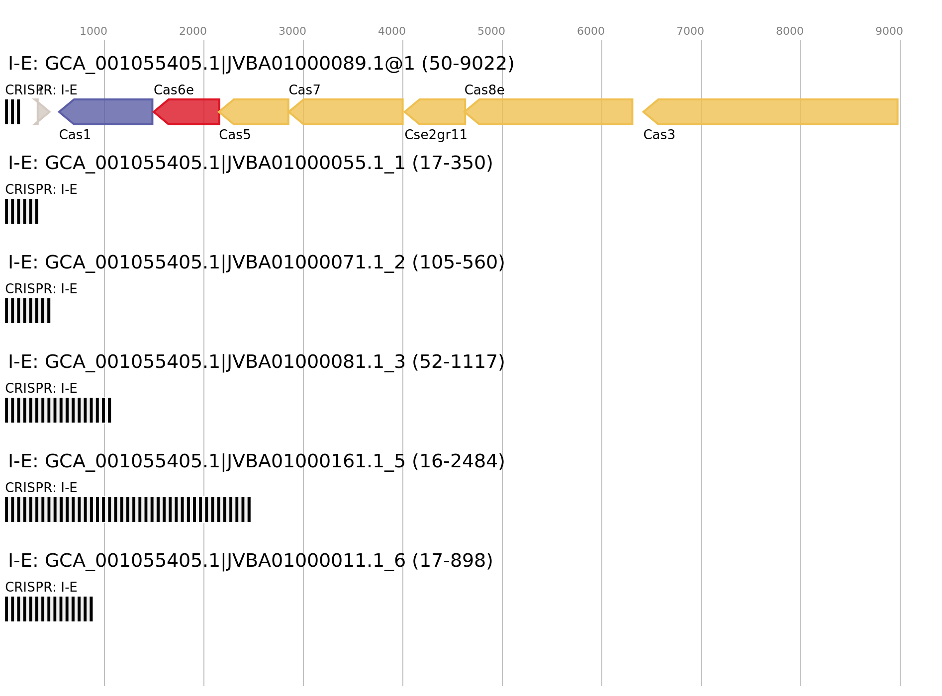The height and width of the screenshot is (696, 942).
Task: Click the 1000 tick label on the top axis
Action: (93, 31)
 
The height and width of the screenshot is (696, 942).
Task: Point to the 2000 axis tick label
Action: (192, 31)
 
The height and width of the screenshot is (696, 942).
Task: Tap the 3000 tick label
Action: (292, 31)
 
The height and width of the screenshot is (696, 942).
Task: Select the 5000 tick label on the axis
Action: (491, 31)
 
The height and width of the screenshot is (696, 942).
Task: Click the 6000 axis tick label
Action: (590, 31)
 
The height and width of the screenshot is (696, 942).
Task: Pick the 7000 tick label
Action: (690, 31)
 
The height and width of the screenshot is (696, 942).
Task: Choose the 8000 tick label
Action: (789, 31)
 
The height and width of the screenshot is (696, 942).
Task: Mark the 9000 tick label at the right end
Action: (889, 31)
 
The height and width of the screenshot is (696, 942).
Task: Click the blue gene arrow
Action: (109, 112)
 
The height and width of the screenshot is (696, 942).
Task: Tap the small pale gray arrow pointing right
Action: (42, 112)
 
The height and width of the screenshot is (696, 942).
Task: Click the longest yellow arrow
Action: (776, 112)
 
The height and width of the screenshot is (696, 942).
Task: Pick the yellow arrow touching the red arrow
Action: (256, 112)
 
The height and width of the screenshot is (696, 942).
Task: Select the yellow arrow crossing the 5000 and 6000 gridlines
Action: (552, 112)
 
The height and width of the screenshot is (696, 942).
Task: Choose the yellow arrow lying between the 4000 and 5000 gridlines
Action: (438, 112)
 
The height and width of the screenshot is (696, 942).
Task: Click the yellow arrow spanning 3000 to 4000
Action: (348, 112)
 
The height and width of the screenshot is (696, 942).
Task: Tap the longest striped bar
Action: (128, 510)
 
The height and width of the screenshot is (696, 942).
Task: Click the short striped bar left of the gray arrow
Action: (12, 112)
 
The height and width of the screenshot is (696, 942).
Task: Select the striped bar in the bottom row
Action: (49, 609)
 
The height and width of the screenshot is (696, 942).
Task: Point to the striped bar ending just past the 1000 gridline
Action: (58, 410)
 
